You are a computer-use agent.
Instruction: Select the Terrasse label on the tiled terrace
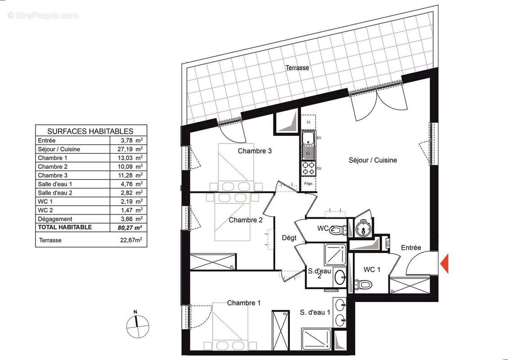[x=297, y=68]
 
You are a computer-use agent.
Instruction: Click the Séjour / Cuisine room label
[x=373, y=160]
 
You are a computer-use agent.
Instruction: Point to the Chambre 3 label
[x=254, y=151]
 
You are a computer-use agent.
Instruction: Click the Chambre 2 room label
[x=245, y=220]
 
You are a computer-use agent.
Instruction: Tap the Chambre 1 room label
[x=244, y=303]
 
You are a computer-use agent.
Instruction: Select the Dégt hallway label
[x=289, y=238]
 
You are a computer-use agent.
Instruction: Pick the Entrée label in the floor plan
[x=411, y=247]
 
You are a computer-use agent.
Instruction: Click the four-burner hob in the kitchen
[x=308, y=168]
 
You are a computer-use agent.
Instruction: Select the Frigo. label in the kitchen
[x=308, y=184]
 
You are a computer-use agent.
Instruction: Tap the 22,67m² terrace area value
[x=128, y=240]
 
